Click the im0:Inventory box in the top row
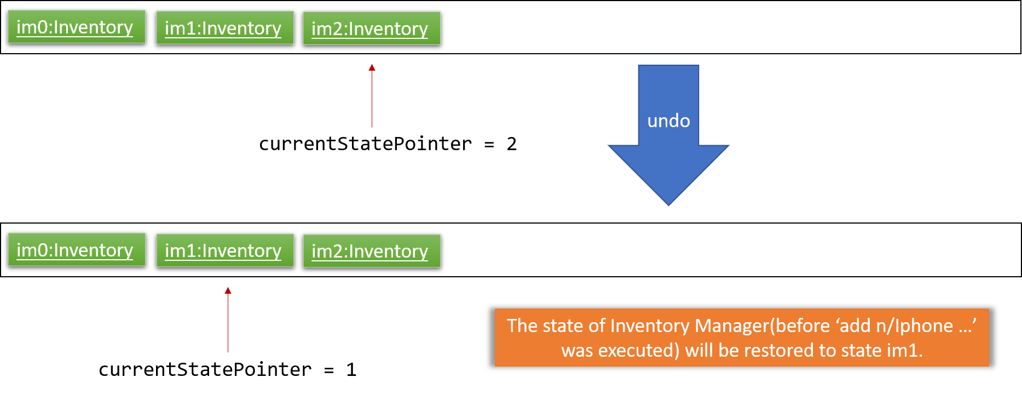[77, 27]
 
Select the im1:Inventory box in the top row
[225, 28]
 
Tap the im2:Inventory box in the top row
[372, 28]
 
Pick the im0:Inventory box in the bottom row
[77, 250]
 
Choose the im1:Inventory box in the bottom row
[225, 250]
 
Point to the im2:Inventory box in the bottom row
[372, 251]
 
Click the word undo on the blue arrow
[668, 121]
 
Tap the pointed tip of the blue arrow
[668, 205]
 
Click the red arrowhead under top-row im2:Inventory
[372, 67]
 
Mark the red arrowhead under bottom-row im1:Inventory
[228, 290]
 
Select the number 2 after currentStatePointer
[512, 144]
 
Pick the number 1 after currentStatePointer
[351, 370]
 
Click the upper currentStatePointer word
[365, 144]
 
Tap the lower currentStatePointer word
[205, 370]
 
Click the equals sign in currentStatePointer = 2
[489, 145]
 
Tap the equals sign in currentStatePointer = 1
[329, 370]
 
